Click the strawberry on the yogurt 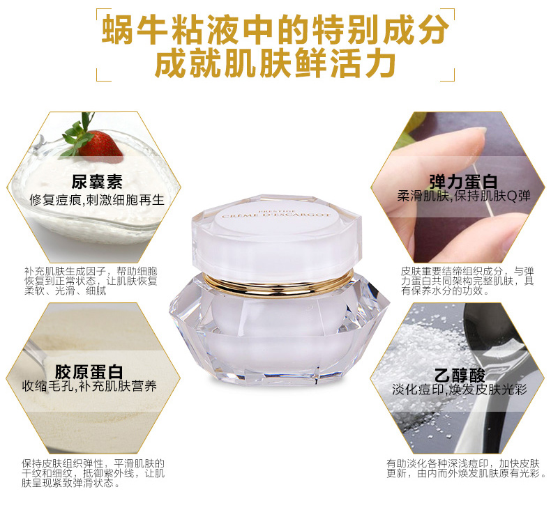[100, 144]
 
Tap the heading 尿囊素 [97, 181]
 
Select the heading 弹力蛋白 [463, 181]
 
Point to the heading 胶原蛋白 [89, 372]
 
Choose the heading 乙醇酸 [460, 376]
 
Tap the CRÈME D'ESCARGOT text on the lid [276, 215]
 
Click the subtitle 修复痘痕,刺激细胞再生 [97, 200]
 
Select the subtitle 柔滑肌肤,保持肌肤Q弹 [464, 196]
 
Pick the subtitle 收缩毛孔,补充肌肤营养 [89, 386]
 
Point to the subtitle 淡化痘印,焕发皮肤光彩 [460, 389]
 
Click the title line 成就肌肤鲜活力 [275, 64]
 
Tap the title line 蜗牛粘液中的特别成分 [275, 29]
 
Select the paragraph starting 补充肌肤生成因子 [91, 281]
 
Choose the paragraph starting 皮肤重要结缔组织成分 [467, 281]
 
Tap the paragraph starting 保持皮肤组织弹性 [93, 473]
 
